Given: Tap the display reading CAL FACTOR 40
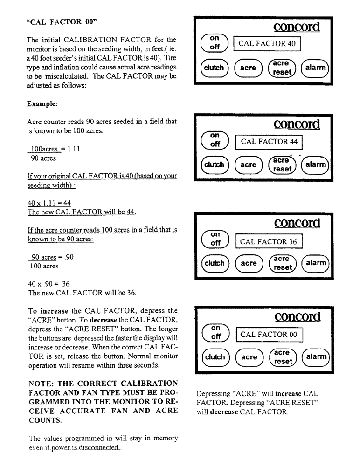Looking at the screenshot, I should click(x=267, y=44).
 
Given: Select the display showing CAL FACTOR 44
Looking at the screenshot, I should click(x=269, y=141).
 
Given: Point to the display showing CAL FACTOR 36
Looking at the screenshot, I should click(x=269, y=241).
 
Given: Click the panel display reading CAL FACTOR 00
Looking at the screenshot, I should click(x=268, y=335).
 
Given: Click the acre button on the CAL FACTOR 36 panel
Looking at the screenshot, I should click(x=248, y=263).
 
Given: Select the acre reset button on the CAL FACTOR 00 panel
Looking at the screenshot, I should click(x=282, y=357).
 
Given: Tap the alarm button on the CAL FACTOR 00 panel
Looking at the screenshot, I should click(x=316, y=357).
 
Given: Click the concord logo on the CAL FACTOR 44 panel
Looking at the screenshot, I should click(x=297, y=124).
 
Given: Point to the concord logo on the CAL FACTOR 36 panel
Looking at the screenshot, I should click(x=297, y=223).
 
